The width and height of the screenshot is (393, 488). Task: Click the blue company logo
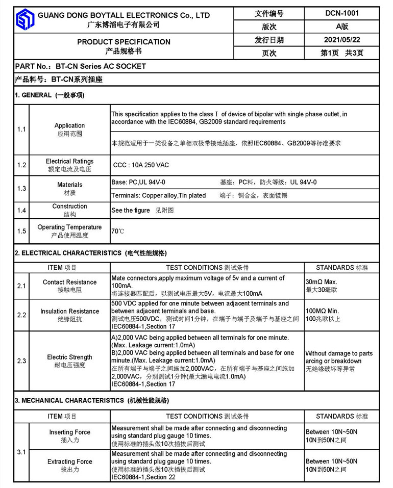click(x=24, y=20)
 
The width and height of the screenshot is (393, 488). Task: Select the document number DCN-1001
click(x=341, y=13)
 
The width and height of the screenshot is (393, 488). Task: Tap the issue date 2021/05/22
click(x=341, y=40)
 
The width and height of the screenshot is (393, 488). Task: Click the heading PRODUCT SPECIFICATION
click(x=124, y=42)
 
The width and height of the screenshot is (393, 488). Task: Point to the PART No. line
click(x=81, y=66)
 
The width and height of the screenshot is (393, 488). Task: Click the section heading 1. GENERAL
click(x=50, y=95)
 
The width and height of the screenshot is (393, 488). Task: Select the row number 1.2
click(x=21, y=165)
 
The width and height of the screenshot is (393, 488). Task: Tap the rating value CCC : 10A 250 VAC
click(x=141, y=165)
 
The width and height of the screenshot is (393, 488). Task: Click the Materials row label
click(x=69, y=185)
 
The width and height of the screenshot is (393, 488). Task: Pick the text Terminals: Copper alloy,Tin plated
click(x=159, y=195)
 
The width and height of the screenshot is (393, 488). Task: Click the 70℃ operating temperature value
click(x=117, y=231)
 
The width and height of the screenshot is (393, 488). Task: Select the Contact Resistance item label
click(x=69, y=282)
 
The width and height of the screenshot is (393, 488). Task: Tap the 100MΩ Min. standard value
click(x=322, y=311)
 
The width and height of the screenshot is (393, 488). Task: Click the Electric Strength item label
click(x=69, y=357)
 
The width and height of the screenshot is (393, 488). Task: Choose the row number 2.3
click(x=21, y=361)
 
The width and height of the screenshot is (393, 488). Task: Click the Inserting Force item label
click(x=69, y=432)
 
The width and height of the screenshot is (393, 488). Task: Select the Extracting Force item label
click(x=69, y=461)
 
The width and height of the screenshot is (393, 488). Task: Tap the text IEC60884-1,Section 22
click(x=143, y=477)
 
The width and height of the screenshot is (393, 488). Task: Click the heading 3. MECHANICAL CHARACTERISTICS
click(x=91, y=401)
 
